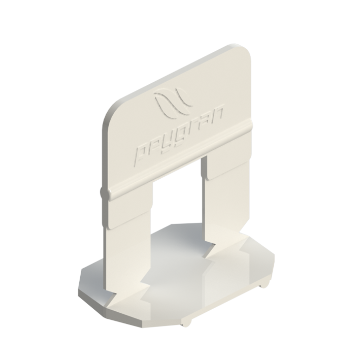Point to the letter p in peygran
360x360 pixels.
click(x=142, y=156)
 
